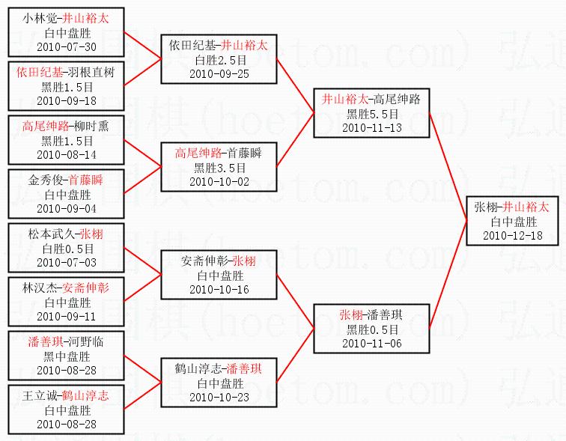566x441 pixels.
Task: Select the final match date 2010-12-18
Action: coord(514,235)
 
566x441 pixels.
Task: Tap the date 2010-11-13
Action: coord(371,127)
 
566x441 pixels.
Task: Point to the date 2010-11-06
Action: coord(371,343)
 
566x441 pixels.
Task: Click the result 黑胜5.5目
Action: coord(371,113)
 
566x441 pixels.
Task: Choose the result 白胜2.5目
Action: coord(219,60)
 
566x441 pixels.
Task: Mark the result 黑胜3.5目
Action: coord(219,167)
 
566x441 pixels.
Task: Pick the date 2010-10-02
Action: coord(219,181)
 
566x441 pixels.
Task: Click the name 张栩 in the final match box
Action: coord(484,207)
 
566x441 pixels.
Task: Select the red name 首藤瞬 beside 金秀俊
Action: coord(86,180)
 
